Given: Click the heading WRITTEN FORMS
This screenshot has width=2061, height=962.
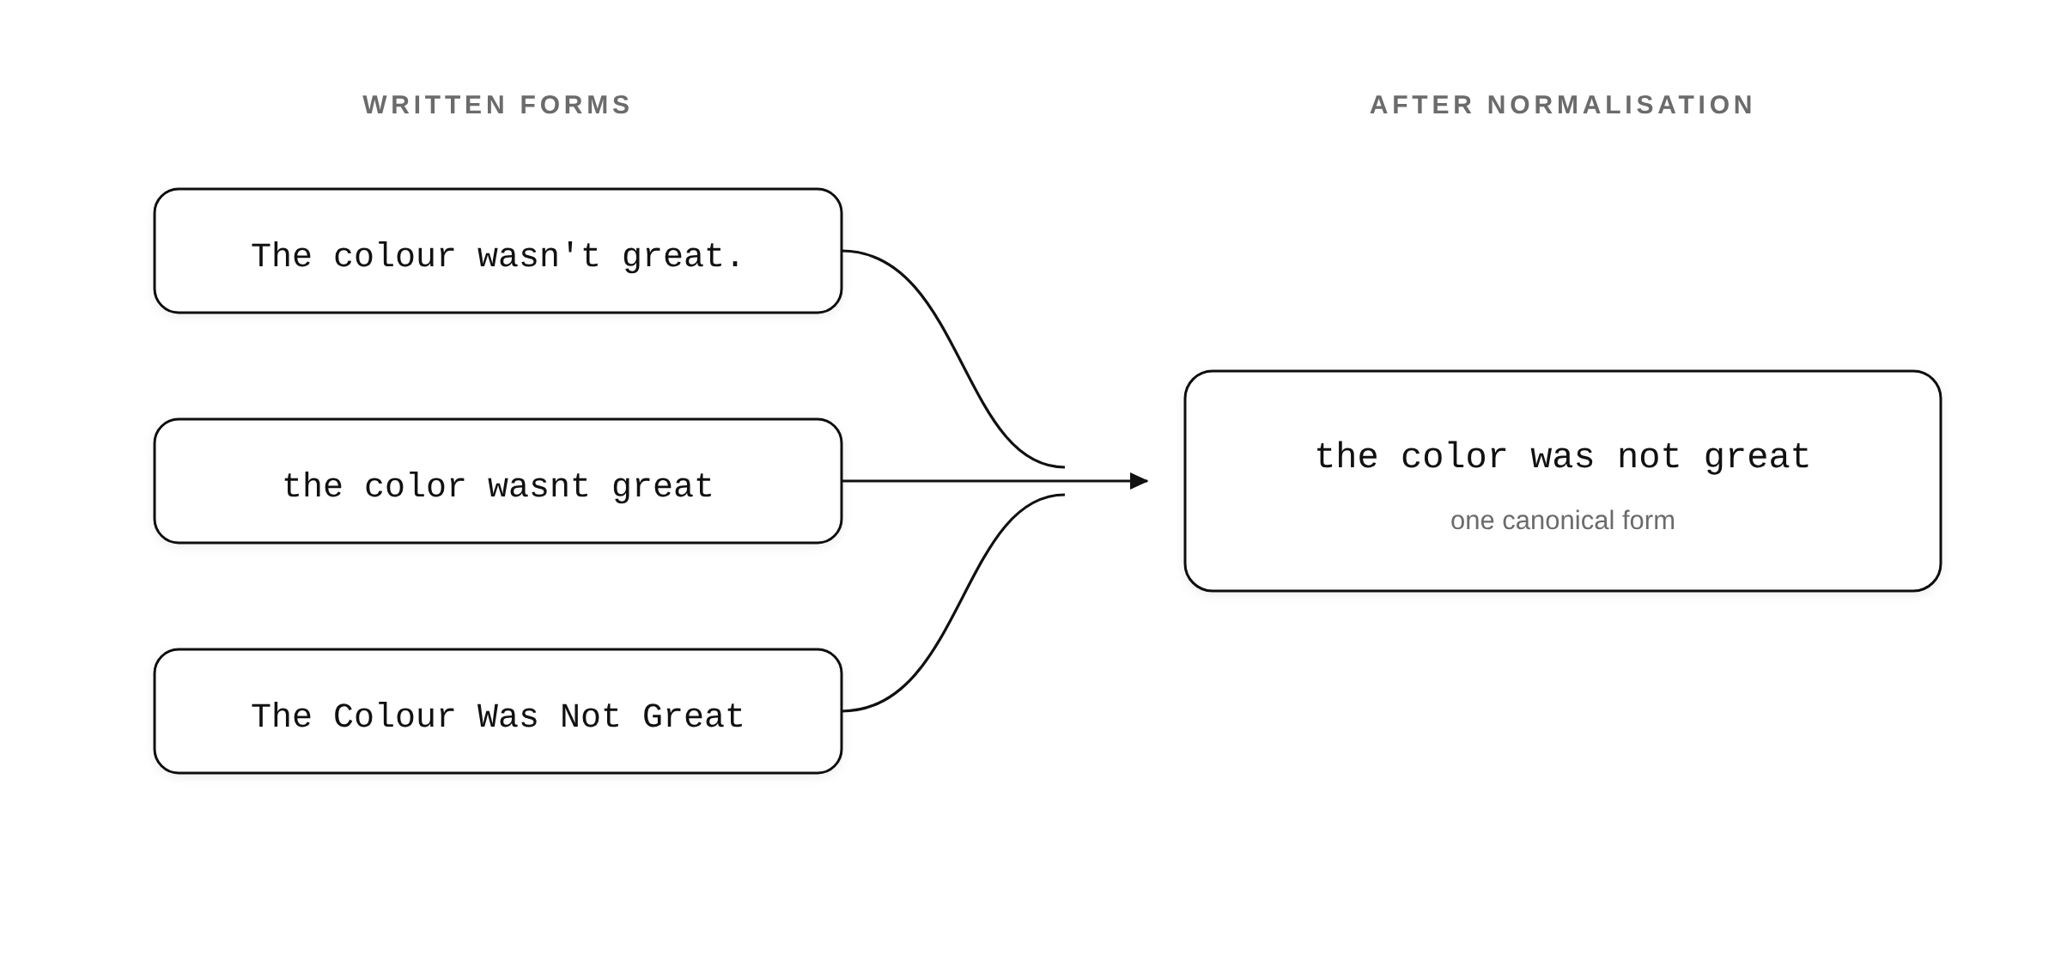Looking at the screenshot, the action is point(497,105).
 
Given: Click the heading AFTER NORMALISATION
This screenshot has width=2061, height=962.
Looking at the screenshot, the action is point(1562,105).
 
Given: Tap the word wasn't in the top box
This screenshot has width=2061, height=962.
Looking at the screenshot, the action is point(538,256).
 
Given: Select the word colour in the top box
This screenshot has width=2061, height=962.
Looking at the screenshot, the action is point(394,256).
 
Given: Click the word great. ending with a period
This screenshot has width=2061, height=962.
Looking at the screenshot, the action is point(683,256).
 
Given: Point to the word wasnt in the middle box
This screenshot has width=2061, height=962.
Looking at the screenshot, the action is point(538,486).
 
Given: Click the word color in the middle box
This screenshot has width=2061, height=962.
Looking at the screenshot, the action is point(415,486).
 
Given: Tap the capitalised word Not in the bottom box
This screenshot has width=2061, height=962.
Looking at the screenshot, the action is point(590,716).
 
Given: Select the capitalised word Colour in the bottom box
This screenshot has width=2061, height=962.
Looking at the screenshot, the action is point(394,716).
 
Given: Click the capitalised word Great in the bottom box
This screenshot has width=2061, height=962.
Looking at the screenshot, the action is point(693,716).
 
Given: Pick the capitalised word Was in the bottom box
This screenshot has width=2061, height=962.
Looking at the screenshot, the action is point(508,716).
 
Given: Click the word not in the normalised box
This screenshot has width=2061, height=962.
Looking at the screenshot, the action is point(1649,457).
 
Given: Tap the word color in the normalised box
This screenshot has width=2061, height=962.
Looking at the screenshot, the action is point(1454,457).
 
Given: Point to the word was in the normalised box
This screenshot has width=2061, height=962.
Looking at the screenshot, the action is point(1562,457).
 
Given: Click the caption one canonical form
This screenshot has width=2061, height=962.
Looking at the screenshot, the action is point(1562,521).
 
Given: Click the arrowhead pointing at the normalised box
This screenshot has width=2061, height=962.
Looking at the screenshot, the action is point(1140,481).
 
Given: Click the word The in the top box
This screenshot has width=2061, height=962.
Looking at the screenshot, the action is point(281,256).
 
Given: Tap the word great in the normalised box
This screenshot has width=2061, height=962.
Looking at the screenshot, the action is point(1757,457).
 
